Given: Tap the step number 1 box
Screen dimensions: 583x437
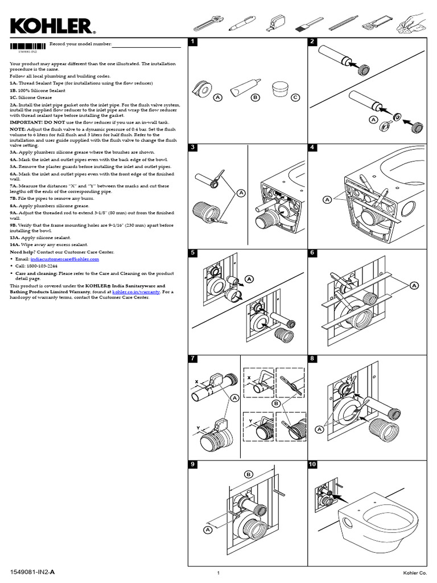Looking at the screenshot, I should pyautogui.click(x=193, y=42).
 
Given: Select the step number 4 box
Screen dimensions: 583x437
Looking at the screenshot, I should pyautogui.click(x=312, y=147).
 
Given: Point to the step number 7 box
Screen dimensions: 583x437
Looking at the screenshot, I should pyautogui.click(x=193, y=359).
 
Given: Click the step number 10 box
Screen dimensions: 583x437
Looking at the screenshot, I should pyautogui.click(x=312, y=465).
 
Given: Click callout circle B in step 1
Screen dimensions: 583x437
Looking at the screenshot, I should pyautogui.click(x=255, y=98).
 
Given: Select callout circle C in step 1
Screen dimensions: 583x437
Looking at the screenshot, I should pyautogui.click(x=295, y=98).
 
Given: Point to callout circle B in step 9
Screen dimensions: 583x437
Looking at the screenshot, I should pyautogui.click(x=248, y=474).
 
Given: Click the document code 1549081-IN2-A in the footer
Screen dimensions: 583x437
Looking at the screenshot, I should pyautogui.click(x=32, y=571).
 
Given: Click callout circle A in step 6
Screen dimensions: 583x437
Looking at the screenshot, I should pyautogui.click(x=414, y=285).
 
